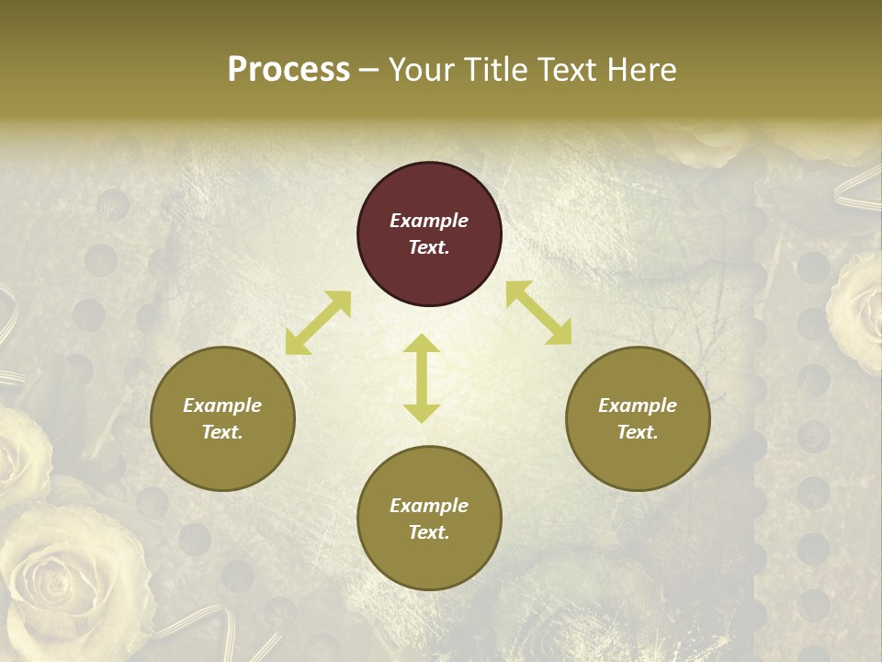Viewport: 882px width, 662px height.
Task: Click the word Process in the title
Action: (288, 70)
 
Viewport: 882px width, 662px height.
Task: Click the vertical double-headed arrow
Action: (422, 378)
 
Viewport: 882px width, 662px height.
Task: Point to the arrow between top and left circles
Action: (318, 323)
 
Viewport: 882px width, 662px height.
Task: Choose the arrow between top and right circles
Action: (538, 313)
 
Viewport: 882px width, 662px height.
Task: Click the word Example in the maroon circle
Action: (429, 221)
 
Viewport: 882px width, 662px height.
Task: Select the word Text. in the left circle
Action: (222, 432)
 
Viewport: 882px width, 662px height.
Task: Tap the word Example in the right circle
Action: (638, 405)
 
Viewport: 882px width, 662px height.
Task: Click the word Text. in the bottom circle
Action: (429, 532)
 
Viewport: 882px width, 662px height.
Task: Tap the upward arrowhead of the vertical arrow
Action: (422, 344)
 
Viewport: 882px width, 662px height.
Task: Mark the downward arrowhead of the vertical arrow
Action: (422, 413)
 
